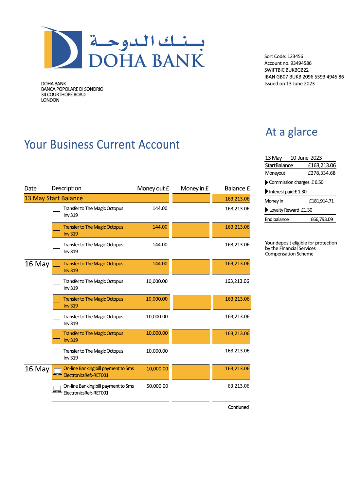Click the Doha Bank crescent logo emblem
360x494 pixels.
[x=62, y=48]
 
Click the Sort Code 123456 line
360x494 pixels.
[x=284, y=56]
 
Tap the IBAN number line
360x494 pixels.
[x=304, y=77]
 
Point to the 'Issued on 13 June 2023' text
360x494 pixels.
[x=289, y=83]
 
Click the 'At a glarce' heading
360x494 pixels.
[x=291, y=132]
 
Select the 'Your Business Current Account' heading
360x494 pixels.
[x=102, y=145]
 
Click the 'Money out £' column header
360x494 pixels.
[x=153, y=188]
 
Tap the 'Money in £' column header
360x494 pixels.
[x=194, y=188]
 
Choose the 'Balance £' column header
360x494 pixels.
[x=237, y=188]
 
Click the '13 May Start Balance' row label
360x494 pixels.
[x=54, y=198]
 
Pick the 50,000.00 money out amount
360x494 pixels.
[x=157, y=386]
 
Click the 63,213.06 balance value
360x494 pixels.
[x=238, y=386]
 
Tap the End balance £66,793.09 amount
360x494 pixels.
[x=322, y=219]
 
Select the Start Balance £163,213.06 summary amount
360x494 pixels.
[x=322, y=165]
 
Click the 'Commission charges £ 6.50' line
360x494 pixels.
[x=296, y=182]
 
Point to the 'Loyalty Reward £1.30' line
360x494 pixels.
[x=291, y=210]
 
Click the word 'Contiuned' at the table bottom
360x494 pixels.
[x=238, y=407]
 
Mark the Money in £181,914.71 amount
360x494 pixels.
[x=321, y=201]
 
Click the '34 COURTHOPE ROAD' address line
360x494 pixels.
[x=63, y=95]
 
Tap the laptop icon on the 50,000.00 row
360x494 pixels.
[x=57, y=389]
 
